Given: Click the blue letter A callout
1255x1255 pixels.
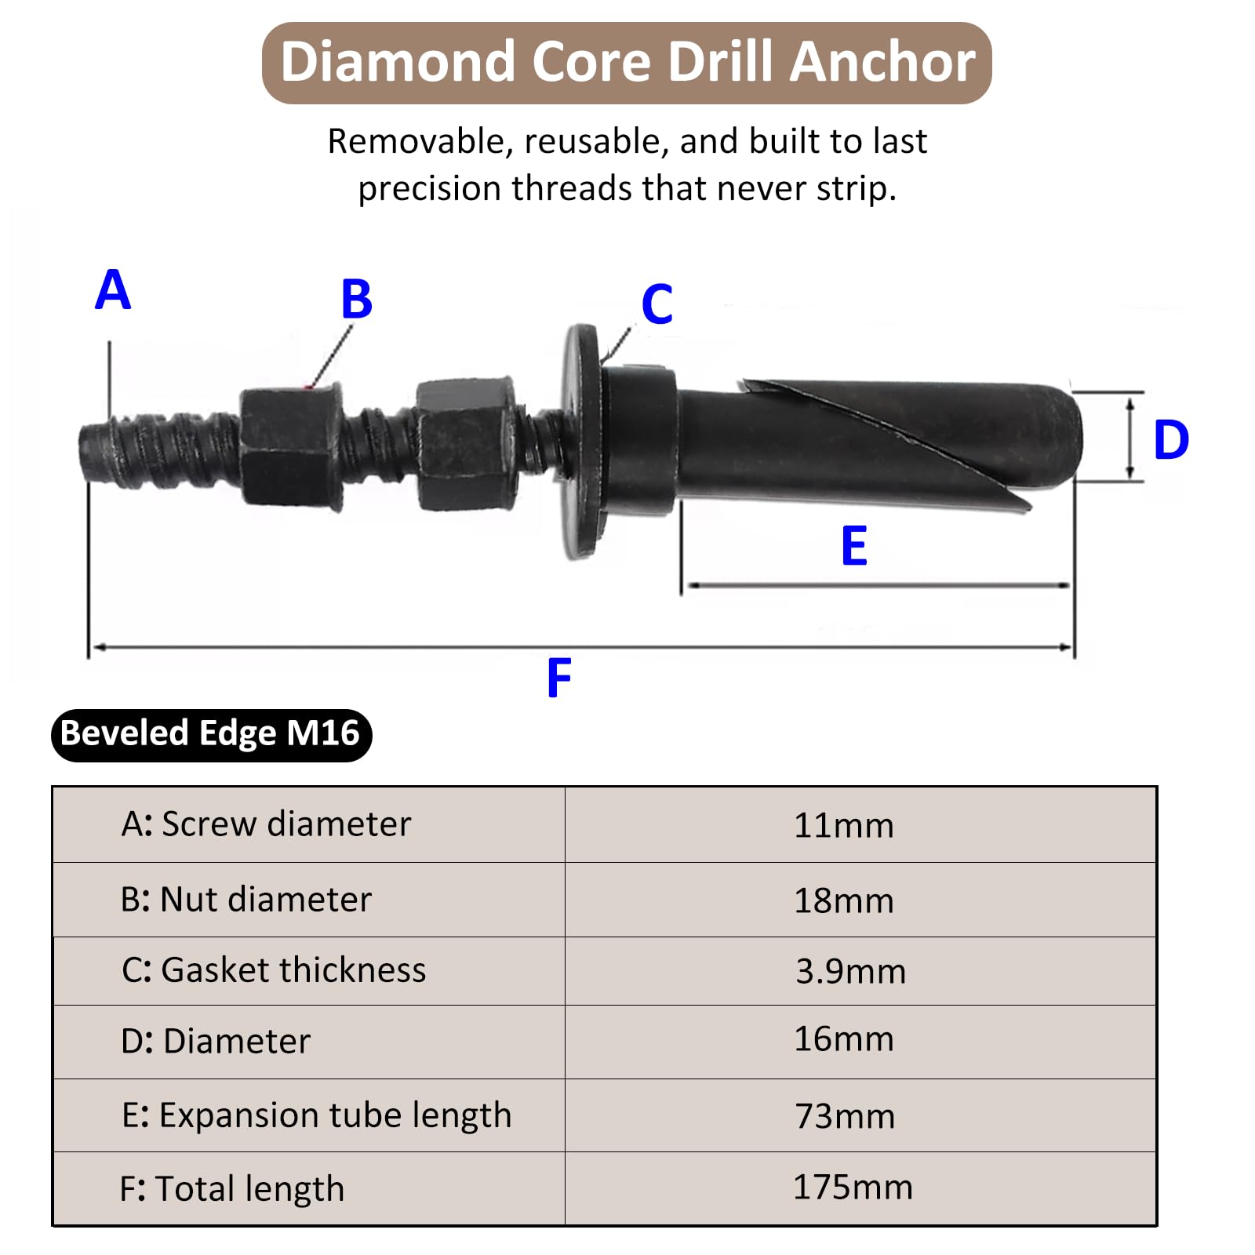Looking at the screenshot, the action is [x=113, y=289].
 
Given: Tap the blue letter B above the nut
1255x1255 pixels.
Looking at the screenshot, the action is [x=357, y=299].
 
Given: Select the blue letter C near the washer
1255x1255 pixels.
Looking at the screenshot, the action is [x=657, y=304].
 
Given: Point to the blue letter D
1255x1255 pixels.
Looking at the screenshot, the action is [x=1171, y=439].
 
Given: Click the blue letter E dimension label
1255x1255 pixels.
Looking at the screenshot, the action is [x=854, y=546].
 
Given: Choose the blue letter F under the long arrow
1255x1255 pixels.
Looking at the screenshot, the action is [x=559, y=678].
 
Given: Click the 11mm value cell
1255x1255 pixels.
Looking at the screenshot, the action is [x=844, y=825].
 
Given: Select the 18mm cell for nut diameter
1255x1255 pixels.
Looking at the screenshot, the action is [x=844, y=900].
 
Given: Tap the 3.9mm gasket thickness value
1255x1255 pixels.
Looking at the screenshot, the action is [x=851, y=971].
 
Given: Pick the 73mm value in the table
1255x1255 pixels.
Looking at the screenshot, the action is [x=845, y=1116].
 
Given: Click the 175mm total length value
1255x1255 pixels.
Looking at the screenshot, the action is [x=853, y=1188].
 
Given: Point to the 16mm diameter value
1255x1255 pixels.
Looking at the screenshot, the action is [x=844, y=1039].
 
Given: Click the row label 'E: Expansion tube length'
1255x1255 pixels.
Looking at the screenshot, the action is [x=316, y=1115].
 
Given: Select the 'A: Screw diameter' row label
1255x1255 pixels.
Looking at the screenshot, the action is [x=266, y=824].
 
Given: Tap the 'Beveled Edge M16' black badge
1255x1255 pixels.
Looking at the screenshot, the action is [x=211, y=734].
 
